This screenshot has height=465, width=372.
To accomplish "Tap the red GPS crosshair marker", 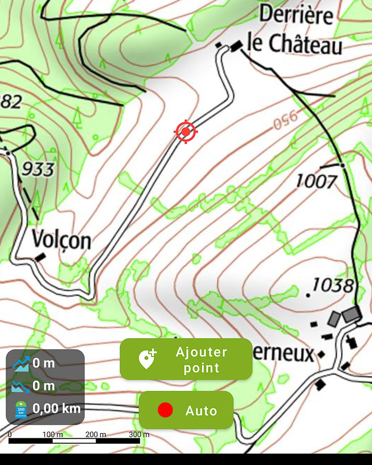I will click(186, 132).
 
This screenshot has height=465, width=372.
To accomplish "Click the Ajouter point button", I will click(186, 359).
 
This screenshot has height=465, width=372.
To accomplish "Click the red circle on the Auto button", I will click(165, 410).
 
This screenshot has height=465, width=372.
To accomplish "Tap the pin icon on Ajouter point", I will click(147, 359).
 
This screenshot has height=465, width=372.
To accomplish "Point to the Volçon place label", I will click(61, 240).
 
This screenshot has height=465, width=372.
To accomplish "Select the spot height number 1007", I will click(316, 182).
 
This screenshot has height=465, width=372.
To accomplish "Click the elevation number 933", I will click(38, 169).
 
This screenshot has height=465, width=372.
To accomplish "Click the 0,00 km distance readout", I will click(56, 408).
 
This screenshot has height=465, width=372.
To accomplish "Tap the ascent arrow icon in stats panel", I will click(20, 363).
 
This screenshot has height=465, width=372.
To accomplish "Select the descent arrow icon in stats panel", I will click(20, 386).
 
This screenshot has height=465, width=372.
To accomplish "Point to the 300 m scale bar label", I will click(139, 434).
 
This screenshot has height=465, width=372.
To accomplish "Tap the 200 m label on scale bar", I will click(95, 434).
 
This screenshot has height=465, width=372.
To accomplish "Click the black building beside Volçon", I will click(40, 257).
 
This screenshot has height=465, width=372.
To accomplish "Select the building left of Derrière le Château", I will click(236, 46).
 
